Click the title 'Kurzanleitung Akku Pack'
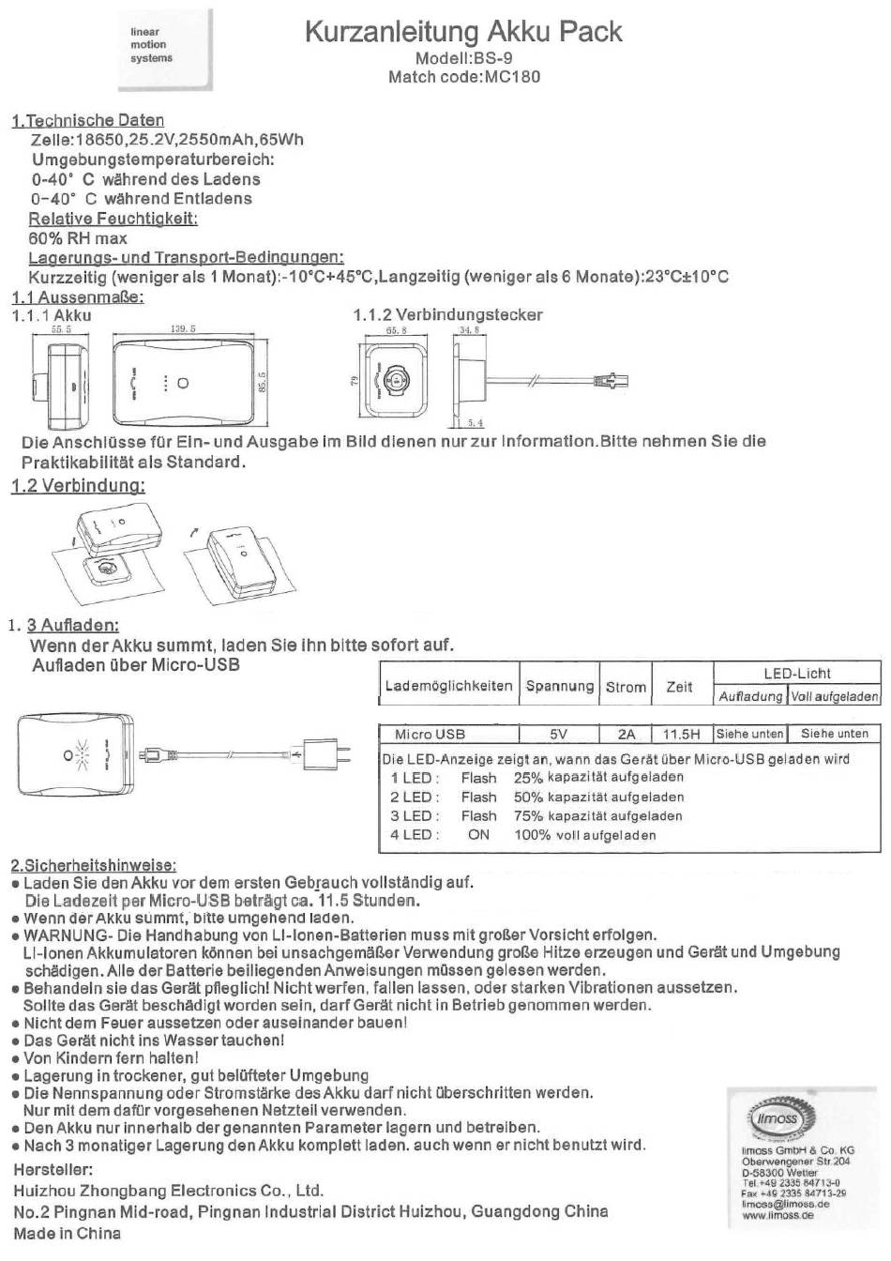463,32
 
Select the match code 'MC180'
512,77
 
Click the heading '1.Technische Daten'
88,120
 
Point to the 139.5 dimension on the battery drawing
183,329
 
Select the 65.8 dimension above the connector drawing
397,330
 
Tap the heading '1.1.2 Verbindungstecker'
447,315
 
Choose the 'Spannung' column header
560,686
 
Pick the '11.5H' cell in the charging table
681,734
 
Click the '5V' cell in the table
559,734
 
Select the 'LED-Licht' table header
796,674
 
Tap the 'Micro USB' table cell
430,734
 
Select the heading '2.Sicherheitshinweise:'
94,865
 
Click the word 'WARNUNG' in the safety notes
59,935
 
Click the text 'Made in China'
68,1234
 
